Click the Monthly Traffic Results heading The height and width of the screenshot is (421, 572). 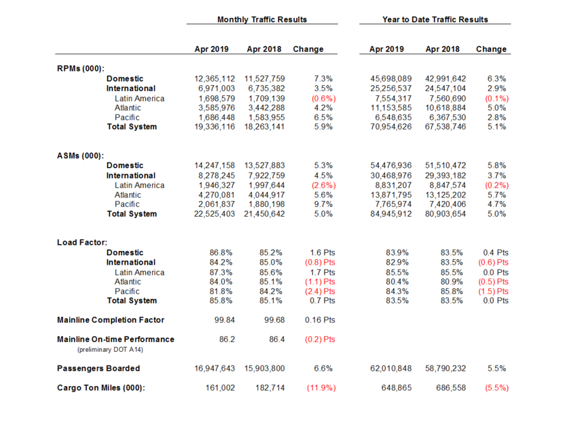point(262,19)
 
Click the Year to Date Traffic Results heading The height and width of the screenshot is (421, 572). point(435,19)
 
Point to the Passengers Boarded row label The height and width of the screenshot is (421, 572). point(99,368)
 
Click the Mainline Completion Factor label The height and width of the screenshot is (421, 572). point(110,320)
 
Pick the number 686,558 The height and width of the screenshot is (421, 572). point(446,388)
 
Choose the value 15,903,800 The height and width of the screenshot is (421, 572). point(264,368)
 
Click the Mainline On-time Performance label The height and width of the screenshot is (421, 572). point(115,339)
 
